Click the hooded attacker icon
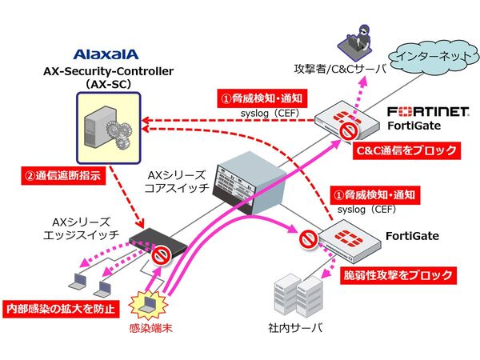pos(350,37)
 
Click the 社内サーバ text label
pos(294,329)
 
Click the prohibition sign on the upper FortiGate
pos(346,130)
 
